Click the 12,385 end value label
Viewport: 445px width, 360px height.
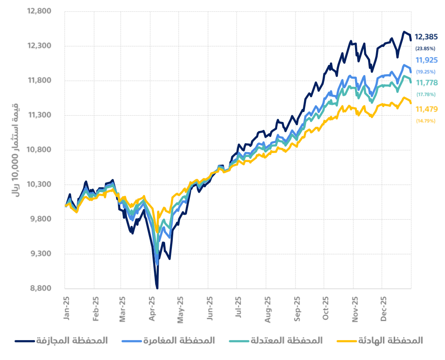coord(425,37)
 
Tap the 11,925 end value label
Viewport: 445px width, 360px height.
coord(425,60)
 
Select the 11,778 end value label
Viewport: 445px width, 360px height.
coord(425,83)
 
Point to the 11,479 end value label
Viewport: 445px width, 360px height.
coord(425,109)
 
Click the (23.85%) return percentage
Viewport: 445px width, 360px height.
coord(425,48)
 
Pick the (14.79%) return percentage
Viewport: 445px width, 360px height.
coord(425,121)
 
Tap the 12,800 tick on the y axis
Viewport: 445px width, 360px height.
coord(40,11)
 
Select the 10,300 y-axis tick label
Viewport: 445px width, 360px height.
coord(40,184)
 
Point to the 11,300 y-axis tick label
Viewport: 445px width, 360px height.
coord(40,115)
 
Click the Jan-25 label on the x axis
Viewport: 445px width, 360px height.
coord(67,308)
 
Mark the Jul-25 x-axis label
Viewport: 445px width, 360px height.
coord(238,308)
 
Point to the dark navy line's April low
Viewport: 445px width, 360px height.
coord(157,287)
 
